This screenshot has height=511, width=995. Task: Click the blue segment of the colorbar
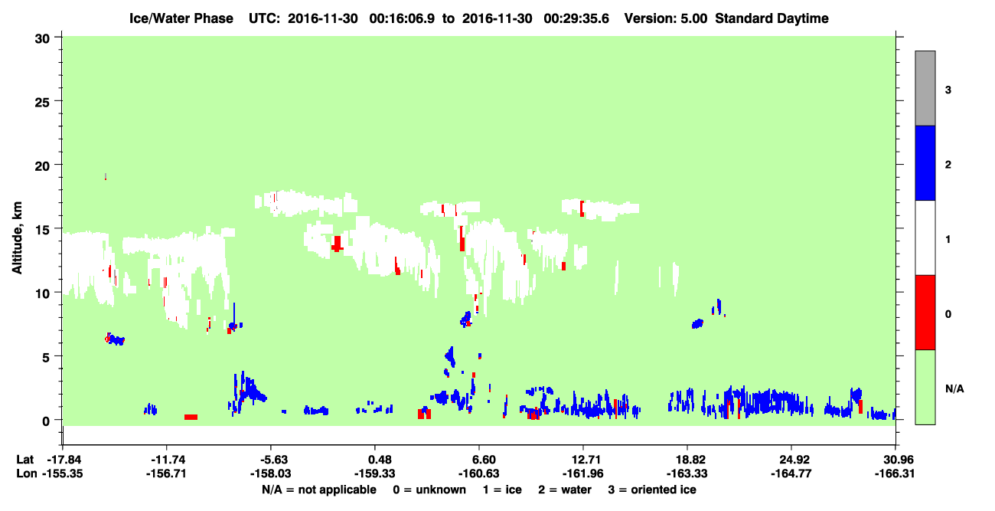925,162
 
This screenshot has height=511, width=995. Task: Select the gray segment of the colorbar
925,88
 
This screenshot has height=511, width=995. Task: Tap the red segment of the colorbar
925,313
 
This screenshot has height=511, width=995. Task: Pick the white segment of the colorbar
925,238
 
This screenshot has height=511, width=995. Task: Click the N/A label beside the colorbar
954,388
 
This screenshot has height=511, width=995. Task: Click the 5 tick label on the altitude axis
46,358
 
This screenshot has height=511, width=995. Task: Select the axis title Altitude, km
17,238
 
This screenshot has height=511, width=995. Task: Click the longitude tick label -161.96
583,473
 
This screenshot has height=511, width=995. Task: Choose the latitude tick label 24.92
794,460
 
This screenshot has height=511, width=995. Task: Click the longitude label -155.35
62,473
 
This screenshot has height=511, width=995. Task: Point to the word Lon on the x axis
27,473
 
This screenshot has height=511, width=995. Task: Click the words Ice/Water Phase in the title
181,18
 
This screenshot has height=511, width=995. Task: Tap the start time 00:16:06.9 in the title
402,18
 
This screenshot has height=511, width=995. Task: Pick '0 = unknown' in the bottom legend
429,490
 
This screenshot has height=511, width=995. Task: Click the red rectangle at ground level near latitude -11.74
191,418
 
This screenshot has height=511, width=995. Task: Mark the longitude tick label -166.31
895,473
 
